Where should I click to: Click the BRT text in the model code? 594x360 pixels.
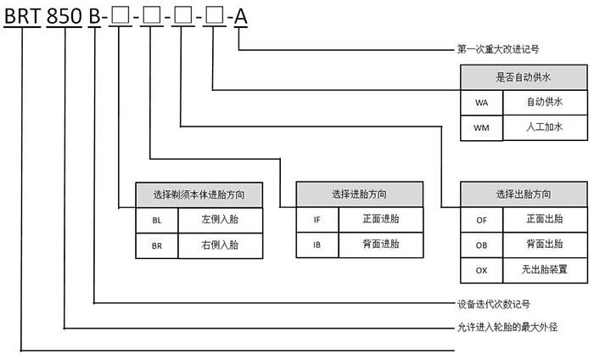point(22,16)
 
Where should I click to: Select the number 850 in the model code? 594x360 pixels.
point(64,16)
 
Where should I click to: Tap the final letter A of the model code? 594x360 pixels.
point(240,17)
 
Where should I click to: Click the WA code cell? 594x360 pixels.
point(481,103)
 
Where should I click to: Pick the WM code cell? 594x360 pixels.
point(481,128)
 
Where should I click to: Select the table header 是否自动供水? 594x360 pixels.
point(524,77)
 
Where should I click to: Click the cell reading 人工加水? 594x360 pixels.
point(545,127)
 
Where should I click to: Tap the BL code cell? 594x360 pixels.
point(157,220)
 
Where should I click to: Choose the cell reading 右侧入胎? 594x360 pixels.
point(220,245)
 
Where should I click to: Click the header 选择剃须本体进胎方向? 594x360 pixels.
point(199,194)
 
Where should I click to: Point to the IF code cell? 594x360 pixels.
point(317,219)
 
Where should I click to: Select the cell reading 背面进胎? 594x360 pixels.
point(381,244)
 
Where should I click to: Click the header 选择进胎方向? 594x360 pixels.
point(359,194)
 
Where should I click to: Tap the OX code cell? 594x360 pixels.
point(481,271)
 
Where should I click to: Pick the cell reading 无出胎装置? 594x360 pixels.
point(545,269)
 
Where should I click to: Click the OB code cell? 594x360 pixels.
point(481,245)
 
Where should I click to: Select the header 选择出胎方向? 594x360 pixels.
point(524,194)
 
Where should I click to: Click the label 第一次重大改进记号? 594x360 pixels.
point(498,49)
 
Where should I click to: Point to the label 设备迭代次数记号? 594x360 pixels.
point(494,304)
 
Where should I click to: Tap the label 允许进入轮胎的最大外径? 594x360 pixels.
point(507,327)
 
